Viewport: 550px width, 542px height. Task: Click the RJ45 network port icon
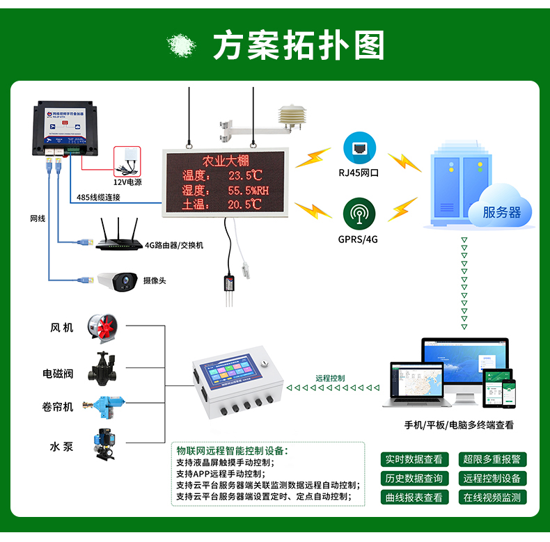(x=359, y=148)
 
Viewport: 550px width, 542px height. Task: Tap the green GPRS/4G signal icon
(x=359, y=213)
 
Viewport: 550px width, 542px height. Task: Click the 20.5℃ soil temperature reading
(x=244, y=205)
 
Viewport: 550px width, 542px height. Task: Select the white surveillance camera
(x=117, y=280)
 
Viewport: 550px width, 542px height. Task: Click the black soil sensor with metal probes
(x=229, y=285)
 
